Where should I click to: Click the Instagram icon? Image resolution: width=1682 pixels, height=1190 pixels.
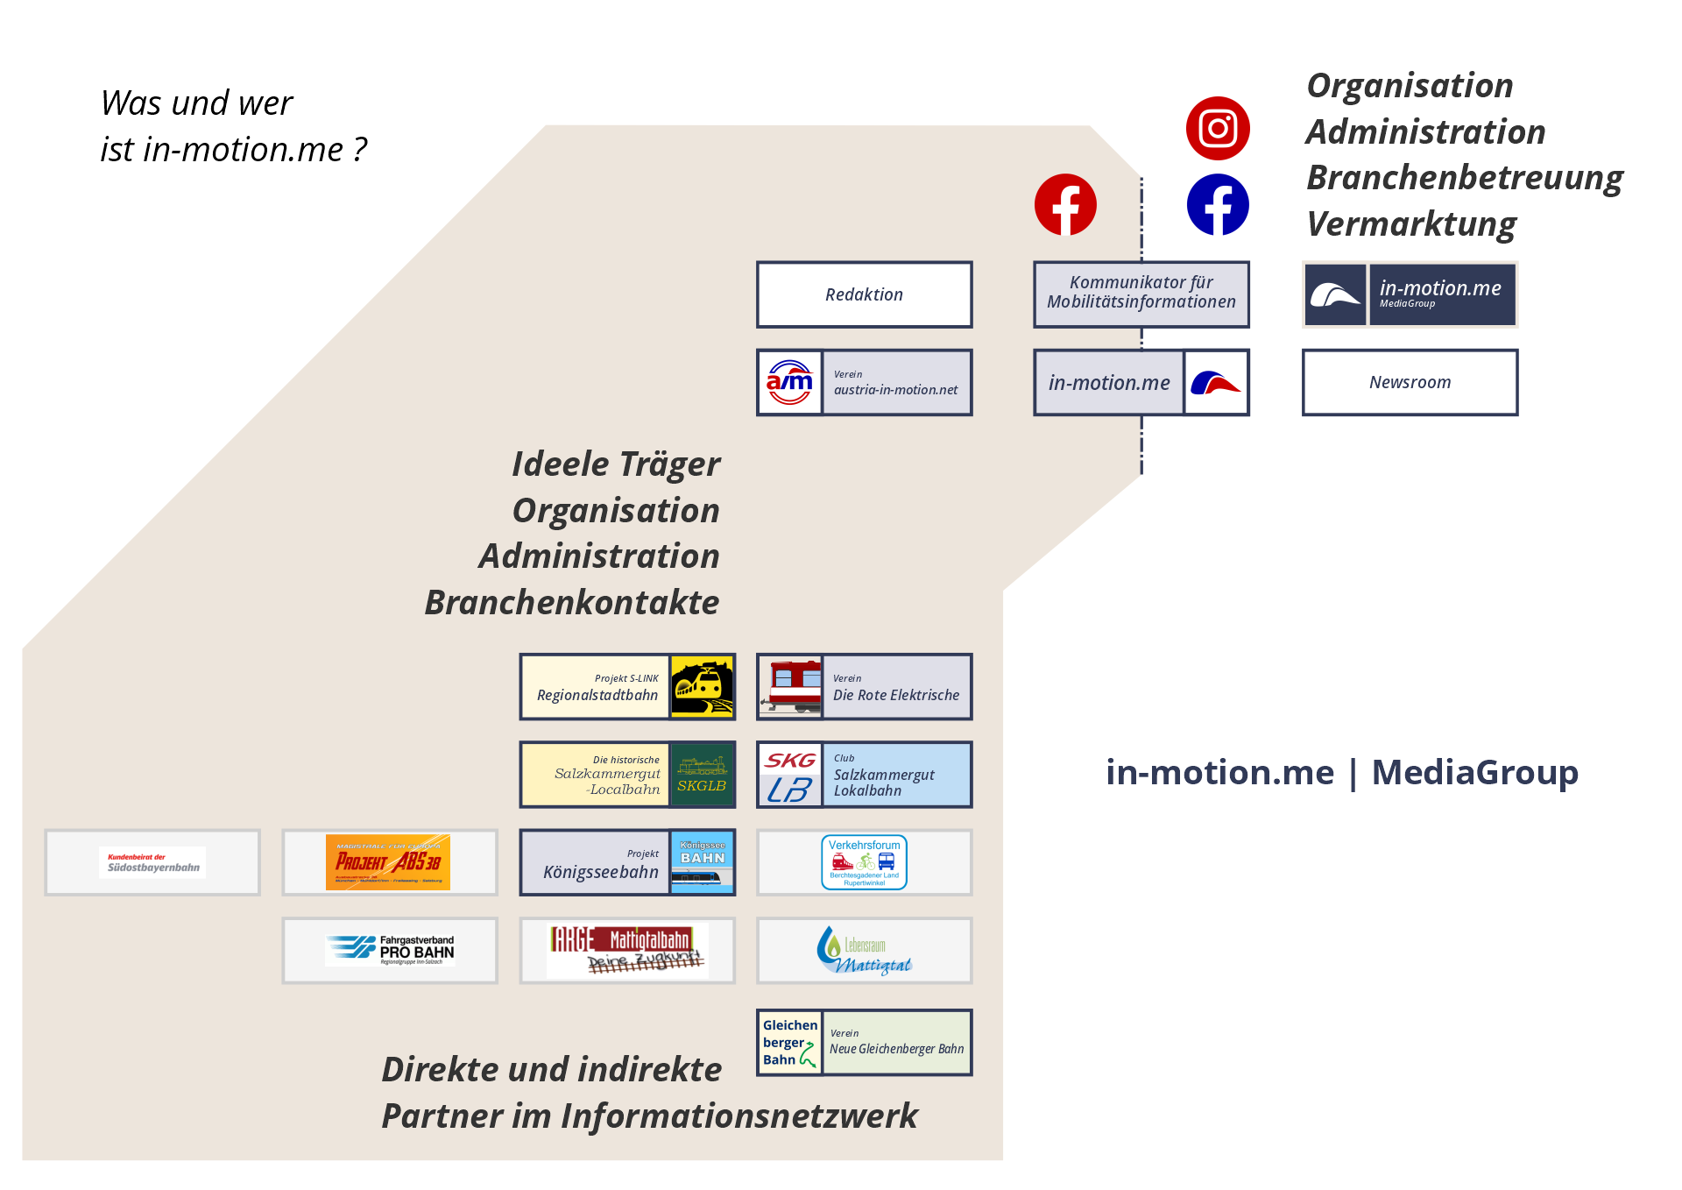tap(1218, 129)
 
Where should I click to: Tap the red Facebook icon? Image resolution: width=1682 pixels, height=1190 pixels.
tap(1065, 205)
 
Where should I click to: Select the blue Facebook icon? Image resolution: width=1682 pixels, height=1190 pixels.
tap(1218, 205)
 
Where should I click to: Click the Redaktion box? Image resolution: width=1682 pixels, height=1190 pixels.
tap(864, 294)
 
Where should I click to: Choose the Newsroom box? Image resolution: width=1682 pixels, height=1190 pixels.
tap(1410, 382)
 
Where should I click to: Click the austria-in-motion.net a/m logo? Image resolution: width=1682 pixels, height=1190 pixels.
tap(789, 382)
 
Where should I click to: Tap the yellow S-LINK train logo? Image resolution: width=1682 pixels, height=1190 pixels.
tap(702, 687)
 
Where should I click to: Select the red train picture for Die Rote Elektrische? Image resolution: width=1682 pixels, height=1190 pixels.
tap(790, 687)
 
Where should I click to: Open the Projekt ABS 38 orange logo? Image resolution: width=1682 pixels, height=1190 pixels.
tap(388, 862)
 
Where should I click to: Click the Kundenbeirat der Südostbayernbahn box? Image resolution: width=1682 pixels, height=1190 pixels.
tap(152, 862)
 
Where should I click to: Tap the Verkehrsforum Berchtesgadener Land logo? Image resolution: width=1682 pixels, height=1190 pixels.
tap(864, 862)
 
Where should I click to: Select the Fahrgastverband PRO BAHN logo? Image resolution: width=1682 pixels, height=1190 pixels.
tap(390, 951)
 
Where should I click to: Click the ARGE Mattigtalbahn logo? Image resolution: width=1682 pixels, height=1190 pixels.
tap(627, 951)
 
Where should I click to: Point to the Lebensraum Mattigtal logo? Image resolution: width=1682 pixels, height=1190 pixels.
tap(864, 951)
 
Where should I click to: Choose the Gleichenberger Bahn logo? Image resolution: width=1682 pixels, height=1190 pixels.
tap(789, 1043)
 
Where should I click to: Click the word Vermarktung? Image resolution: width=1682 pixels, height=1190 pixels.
tap(1411, 224)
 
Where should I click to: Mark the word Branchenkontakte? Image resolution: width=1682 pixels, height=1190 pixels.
tap(572, 603)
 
